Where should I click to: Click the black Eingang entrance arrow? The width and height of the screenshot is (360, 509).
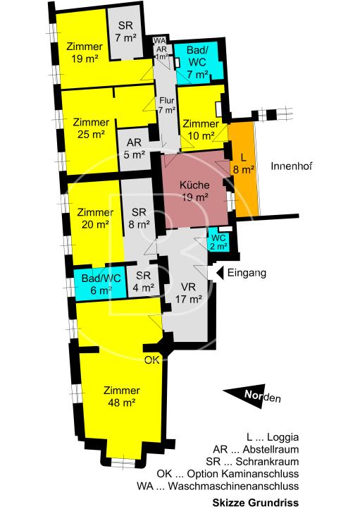220,273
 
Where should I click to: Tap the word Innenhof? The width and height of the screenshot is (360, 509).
291,166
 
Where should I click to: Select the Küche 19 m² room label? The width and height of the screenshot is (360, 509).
194,191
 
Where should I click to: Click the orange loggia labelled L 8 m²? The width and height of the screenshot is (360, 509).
244,168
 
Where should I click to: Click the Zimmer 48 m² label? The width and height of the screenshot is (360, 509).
122,396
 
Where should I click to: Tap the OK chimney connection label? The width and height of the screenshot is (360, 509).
151,360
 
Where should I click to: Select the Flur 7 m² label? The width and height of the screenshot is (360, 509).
167,106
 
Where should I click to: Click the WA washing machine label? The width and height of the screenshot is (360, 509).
159,41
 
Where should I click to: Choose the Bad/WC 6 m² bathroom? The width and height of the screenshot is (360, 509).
100,284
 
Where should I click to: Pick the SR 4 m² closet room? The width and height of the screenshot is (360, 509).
143,281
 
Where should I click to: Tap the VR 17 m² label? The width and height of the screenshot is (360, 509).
189,293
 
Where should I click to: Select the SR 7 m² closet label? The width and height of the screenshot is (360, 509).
125,32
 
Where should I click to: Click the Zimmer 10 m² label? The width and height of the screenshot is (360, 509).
201,130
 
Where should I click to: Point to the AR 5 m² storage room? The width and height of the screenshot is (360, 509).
135,148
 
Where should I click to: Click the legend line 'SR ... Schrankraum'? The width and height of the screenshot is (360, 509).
252,461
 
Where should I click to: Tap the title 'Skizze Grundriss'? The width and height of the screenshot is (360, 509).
256,503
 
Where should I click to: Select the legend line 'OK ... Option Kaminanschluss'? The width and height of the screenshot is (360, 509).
228,474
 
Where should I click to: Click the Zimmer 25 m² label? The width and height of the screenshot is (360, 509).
91,128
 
